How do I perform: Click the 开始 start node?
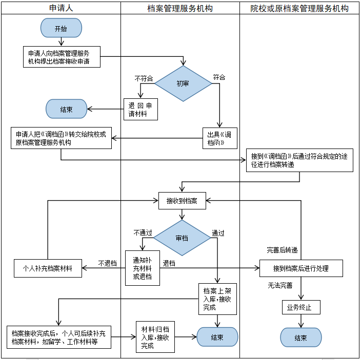tap(61, 29)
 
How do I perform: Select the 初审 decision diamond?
tap(183, 83)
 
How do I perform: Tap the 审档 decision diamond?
tap(182, 238)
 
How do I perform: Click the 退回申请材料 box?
tap(141, 109)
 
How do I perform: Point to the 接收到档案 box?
tap(182, 200)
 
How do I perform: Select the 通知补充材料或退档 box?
tap(143, 268)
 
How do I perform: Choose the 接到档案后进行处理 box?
tap(301, 268)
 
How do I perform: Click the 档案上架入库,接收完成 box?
tap(218, 298)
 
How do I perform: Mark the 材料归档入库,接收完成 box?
tap(155, 337)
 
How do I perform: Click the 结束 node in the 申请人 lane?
tap(66, 109)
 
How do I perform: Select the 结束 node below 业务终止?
tap(300, 337)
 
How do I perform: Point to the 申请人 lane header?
tap(61, 8)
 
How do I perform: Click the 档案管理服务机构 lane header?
tap(179, 8)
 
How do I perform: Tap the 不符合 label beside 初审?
tap(144, 78)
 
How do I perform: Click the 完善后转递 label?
tap(282, 250)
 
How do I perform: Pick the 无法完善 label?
tap(280, 285)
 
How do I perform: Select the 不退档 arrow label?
tap(108, 263)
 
